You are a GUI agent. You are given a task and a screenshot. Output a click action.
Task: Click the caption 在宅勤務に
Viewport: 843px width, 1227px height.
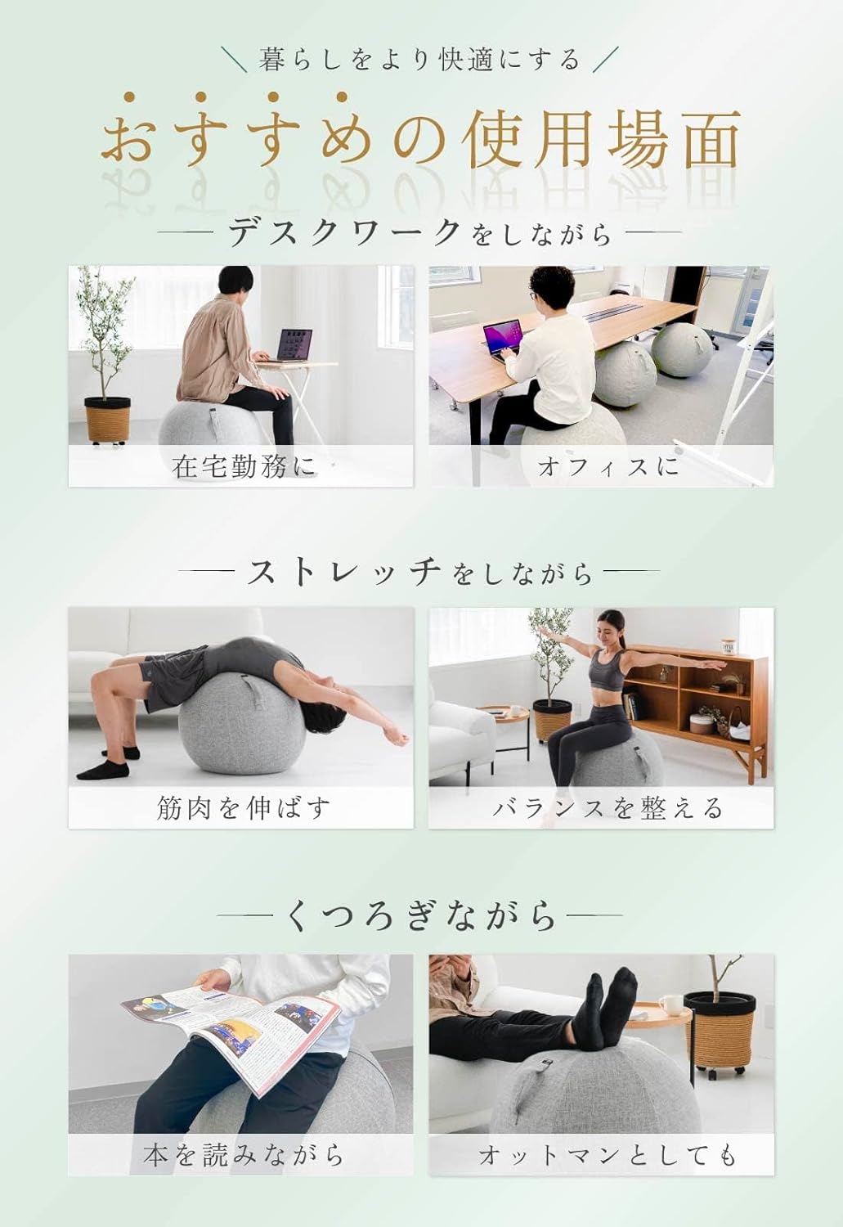[243, 467]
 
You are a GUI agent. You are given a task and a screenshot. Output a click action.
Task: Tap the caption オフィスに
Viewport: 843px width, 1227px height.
[608, 467]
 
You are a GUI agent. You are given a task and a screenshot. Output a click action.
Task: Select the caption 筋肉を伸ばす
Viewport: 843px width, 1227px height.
[243, 808]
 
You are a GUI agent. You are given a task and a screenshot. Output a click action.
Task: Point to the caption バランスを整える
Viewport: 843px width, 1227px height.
[608, 808]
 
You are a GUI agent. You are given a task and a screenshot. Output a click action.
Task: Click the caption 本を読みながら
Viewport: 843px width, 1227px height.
[243, 1155]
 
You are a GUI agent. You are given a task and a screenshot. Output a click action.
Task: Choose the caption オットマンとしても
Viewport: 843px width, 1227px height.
[608, 1155]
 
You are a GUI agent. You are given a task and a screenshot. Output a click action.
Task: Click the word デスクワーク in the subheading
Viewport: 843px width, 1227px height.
[344, 233]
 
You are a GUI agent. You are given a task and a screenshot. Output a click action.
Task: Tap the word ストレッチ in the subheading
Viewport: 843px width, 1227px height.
[344, 572]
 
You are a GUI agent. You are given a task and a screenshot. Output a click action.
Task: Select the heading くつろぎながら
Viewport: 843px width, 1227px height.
[421, 915]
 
